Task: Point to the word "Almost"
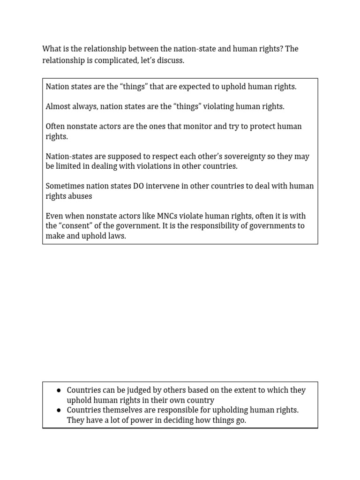point(57,106)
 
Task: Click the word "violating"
point(219,106)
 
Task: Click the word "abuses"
point(79,196)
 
